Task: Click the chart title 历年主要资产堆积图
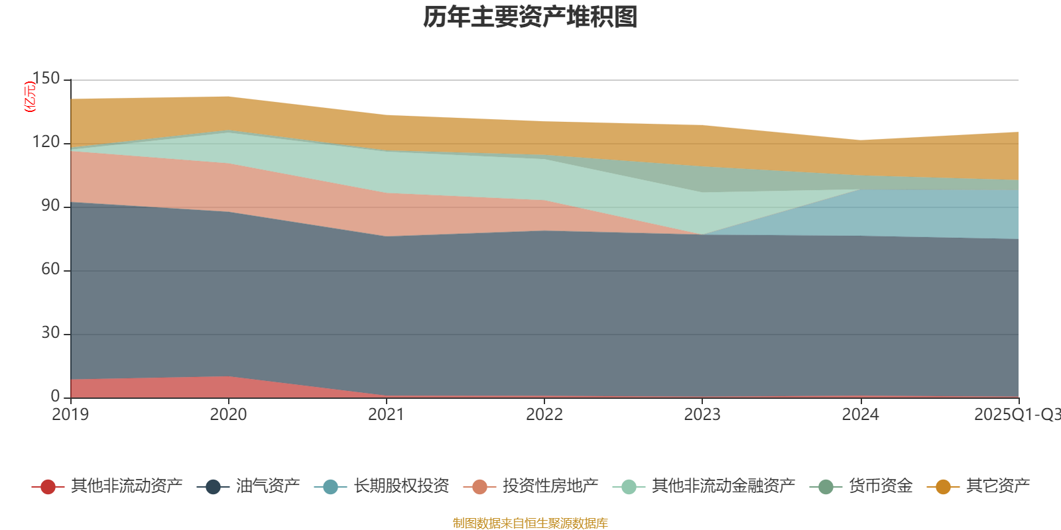coord(530,18)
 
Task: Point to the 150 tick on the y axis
coord(46,79)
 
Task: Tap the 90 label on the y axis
coord(50,206)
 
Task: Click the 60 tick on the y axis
coord(50,270)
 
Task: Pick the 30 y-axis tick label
coord(50,333)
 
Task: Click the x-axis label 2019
coord(70,415)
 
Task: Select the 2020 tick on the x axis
coord(228,415)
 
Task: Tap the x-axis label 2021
coord(386,415)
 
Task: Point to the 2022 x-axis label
coord(544,415)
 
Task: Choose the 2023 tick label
coord(702,415)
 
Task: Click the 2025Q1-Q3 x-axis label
coord(1017,415)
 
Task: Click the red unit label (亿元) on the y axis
coord(30,97)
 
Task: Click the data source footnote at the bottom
coord(530,523)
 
